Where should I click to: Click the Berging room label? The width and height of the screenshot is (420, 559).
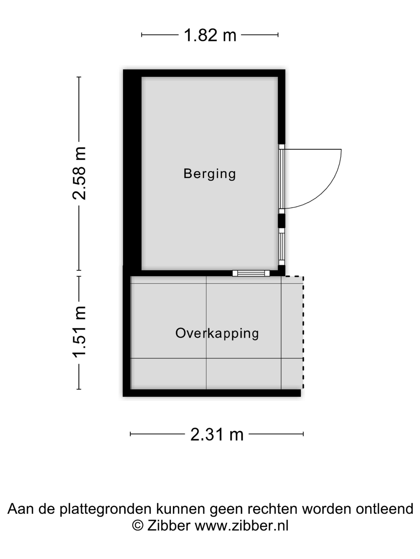210,174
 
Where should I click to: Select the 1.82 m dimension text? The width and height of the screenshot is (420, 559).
210,35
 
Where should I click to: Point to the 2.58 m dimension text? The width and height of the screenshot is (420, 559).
79,173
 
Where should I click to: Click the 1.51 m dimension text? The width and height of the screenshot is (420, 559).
79,332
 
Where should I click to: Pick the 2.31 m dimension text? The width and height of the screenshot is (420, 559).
217,434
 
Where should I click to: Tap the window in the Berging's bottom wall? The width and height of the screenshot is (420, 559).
251,273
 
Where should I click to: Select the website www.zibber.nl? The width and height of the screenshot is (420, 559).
242,526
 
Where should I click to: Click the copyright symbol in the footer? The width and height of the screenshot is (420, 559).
138,526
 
